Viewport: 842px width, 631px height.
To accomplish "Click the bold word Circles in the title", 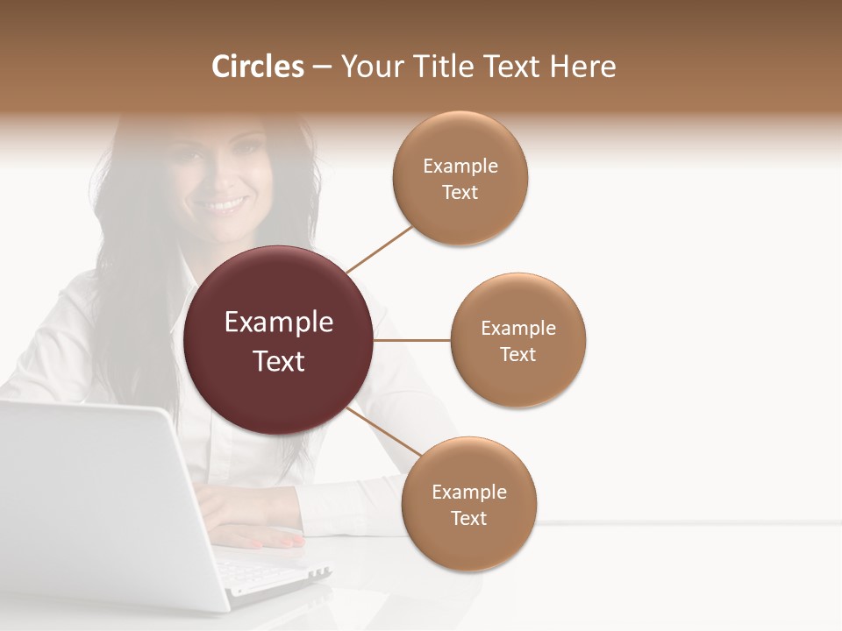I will tap(258, 67).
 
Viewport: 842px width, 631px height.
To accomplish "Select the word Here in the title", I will tap(582, 67).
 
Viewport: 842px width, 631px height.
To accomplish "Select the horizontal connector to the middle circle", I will tap(411, 339).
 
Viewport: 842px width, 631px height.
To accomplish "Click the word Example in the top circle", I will tap(460, 166).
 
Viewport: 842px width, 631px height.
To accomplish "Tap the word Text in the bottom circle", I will tap(468, 518).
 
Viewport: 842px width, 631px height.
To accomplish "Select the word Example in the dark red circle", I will tap(279, 322).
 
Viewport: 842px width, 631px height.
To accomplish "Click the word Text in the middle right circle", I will tap(517, 354).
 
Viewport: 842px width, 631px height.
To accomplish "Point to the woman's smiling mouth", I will tap(220, 205).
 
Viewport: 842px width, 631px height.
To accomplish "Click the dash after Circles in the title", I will tap(321, 67).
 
